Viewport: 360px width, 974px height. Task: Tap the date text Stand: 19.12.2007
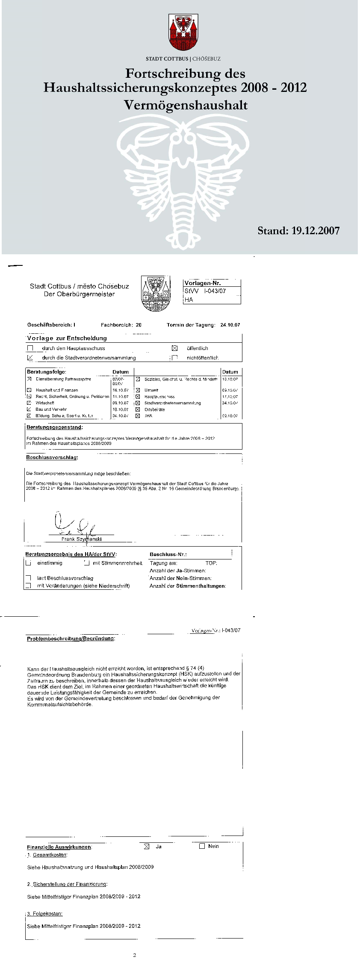click(298, 231)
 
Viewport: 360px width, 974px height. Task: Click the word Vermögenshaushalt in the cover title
click(186, 105)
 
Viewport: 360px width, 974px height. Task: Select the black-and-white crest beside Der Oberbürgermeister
click(155, 294)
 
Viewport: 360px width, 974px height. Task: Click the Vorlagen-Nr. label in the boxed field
click(202, 283)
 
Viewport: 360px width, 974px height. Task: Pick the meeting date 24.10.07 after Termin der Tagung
click(230, 325)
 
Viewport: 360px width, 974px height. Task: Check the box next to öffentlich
click(174, 348)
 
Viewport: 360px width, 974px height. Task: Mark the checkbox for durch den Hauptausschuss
click(30, 348)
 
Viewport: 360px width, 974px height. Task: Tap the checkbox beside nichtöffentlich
click(174, 358)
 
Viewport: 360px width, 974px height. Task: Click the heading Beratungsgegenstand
click(54, 427)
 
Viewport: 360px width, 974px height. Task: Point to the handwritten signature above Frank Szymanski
click(73, 525)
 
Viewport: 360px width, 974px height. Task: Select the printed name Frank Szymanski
click(81, 539)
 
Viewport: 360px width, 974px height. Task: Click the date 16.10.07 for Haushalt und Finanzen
click(120, 390)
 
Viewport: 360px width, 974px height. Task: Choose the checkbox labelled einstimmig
click(29, 563)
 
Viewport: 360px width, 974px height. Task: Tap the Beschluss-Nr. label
click(168, 554)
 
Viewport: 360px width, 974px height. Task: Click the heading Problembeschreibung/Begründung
click(71, 639)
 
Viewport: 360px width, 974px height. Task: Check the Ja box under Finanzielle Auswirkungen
click(147, 846)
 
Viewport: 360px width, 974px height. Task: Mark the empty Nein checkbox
click(202, 846)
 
